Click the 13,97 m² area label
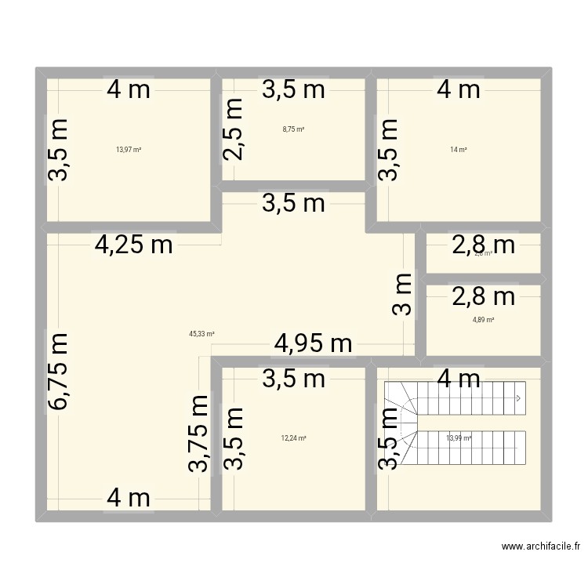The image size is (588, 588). (x=129, y=149)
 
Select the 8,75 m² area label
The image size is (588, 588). (x=293, y=129)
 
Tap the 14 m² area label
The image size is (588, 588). (x=458, y=149)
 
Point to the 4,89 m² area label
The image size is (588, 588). (x=483, y=319)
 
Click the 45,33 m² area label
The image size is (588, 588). (x=201, y=333)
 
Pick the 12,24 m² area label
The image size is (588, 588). (x=293, y=438)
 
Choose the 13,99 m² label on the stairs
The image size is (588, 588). (x=459, y=438)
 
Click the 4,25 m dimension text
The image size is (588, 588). (x=133, y=245)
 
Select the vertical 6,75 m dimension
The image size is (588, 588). (x=60, y=372)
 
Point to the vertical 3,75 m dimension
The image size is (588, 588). (x=199, y=434)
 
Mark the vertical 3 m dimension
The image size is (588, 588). (x=402, y=294)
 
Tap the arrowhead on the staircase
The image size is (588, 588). (x=518, y=398)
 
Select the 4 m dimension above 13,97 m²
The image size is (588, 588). (x=129, y=89)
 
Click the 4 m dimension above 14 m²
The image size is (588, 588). (x=459, y=89)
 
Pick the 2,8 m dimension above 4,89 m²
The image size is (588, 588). (x=483, y=296)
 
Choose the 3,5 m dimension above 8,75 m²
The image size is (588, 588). (x=293, y=89)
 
